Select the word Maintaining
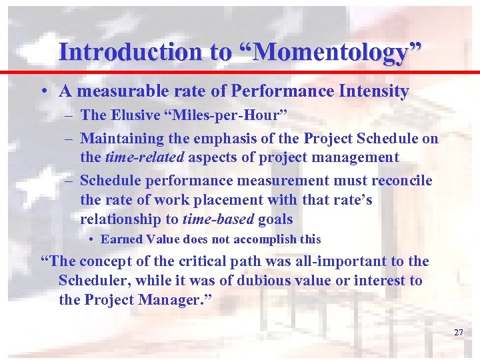coord(121,139)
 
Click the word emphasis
coord(217,139)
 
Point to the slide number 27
coord(458,332)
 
